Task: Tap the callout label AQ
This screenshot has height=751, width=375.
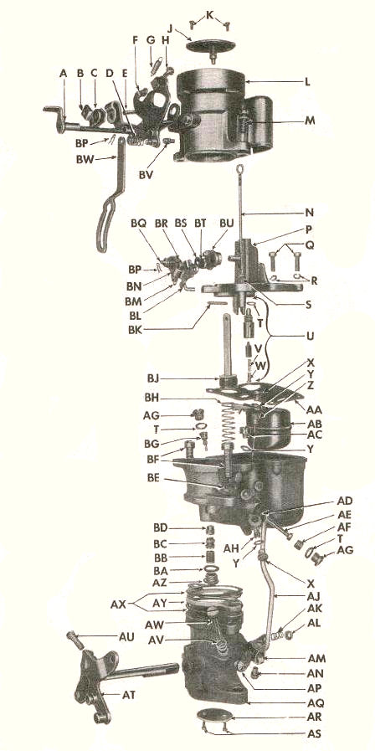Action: coord(316,703)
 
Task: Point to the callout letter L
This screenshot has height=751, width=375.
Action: coord(307,82)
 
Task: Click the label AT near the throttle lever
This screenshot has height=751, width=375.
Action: coord(128,694)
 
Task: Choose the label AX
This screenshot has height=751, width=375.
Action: coord(118,604)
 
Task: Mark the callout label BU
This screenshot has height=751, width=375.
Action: coord(227,224)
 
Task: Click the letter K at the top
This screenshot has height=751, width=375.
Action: coord(209,15)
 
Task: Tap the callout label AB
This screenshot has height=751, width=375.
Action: coord(316,424)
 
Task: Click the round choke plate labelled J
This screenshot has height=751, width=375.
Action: coord(210,47)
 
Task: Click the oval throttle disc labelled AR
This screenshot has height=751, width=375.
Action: coord(214,716)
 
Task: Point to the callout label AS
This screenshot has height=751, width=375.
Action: coord(315,733)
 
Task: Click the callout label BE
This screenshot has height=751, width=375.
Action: coord(154,479)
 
